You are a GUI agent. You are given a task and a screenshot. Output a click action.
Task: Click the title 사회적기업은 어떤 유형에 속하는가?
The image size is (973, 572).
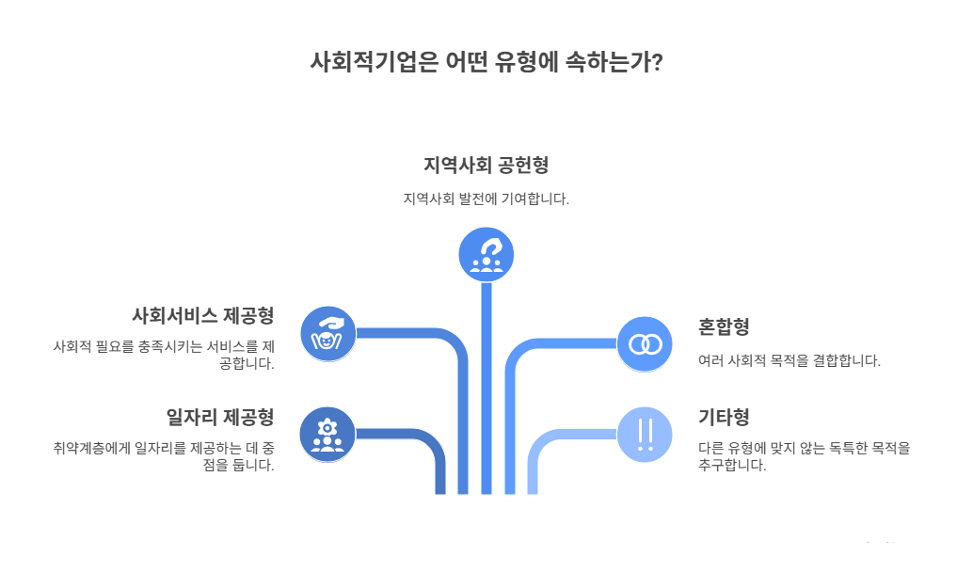click(x=486, y=63)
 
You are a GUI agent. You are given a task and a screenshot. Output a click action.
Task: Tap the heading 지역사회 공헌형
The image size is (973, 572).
click(x=486, y=165)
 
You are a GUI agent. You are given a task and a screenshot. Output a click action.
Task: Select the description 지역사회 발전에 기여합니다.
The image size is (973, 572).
click(x=486, y=199)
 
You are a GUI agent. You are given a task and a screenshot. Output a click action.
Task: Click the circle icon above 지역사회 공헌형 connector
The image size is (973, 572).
click(x=486, y=254)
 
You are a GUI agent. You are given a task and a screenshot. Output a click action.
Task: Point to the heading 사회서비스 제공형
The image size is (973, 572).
click(x=202, y=314)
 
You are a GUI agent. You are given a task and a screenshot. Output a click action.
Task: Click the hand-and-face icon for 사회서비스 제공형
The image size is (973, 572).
click(x=327, y=334)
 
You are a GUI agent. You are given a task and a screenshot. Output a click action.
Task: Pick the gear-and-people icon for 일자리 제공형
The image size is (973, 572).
click(x=327, y=435)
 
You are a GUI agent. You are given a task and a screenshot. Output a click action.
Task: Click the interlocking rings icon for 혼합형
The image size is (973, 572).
click(x=645, y=343)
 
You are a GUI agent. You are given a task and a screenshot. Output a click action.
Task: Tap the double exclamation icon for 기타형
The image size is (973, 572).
click(x=645, y=435)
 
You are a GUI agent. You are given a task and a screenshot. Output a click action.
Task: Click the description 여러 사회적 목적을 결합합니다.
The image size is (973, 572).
click(x=789, y=360)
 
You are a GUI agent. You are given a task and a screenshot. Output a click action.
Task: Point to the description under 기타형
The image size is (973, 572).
click(x=804, y=456)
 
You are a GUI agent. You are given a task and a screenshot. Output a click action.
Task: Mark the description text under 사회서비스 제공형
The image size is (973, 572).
click(x=164, y=355)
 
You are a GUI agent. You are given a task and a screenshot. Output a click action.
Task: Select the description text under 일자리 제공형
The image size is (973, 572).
click(x=164, y=456)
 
